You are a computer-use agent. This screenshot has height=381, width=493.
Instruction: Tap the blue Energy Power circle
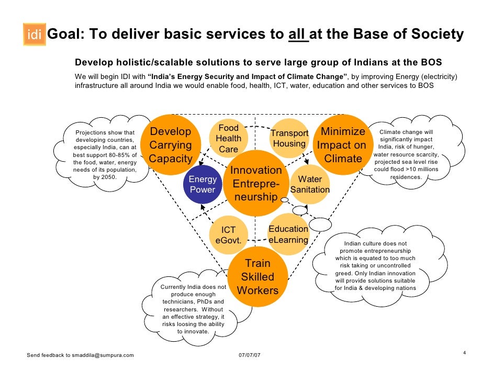pos(203,185)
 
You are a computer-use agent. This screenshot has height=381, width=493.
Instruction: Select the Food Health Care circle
pos(229,139)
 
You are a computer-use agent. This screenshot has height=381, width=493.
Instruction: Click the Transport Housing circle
pos(289,139)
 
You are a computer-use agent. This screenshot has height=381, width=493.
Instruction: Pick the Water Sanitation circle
pos(310,184)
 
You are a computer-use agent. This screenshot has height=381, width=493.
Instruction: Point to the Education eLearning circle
pos(288,234)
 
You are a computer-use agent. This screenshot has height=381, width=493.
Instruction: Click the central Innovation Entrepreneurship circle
pos(256,184)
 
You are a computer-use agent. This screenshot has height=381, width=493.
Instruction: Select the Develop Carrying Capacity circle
pos(171,145)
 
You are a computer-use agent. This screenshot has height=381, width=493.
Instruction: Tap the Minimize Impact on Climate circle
pos(343,145)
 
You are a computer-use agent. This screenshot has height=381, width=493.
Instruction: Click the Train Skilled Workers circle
pos(257,276)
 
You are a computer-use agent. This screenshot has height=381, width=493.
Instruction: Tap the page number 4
pos(464,352)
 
